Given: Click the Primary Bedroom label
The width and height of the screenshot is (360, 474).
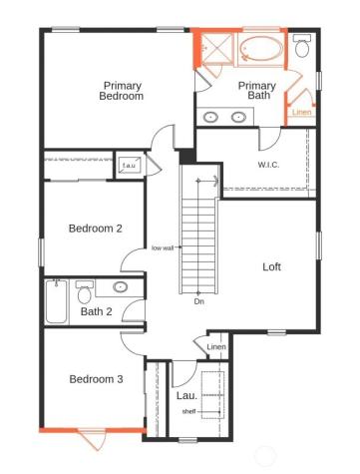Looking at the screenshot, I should tap(122, 91).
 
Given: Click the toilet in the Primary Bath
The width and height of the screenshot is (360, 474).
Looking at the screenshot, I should tap(302, 47).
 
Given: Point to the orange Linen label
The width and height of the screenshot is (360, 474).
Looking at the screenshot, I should tap(302, 112).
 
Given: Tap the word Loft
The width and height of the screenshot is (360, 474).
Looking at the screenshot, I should tap(271, 266).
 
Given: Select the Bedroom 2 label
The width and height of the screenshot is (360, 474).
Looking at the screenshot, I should tap(95, 229).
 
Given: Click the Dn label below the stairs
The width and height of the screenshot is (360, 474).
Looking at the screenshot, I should tap(199, 300).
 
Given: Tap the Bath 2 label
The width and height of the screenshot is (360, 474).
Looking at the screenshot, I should tap(97, 312).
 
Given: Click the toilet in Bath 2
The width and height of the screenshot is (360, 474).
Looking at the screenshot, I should tap(85, 292).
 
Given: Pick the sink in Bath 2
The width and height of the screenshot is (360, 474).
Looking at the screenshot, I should tap(120, 287).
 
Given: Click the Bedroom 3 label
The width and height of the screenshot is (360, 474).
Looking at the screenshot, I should tap(96, 378).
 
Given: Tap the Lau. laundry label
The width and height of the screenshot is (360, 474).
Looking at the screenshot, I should tap(185, 396).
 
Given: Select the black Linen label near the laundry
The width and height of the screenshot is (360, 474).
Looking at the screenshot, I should tap(215, 347).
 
